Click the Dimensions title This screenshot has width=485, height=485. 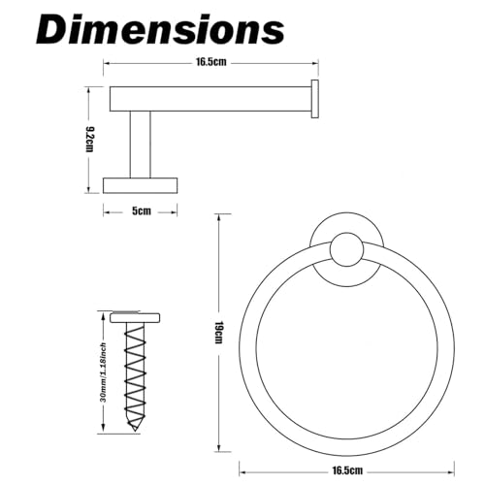click(160, 30)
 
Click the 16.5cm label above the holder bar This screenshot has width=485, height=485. click(211, 62)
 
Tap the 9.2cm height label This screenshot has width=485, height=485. click(89, 140)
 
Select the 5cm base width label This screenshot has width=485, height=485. click(142, 211)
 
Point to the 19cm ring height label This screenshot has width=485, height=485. click(219, 333)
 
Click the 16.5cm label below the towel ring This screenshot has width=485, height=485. click(347, 470)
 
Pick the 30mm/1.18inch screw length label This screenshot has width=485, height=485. click(103, 372)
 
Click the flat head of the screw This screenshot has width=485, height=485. click(135, 317)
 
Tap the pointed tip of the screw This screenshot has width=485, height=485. click(135, 431)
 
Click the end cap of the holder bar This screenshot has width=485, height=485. click(314, 99)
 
